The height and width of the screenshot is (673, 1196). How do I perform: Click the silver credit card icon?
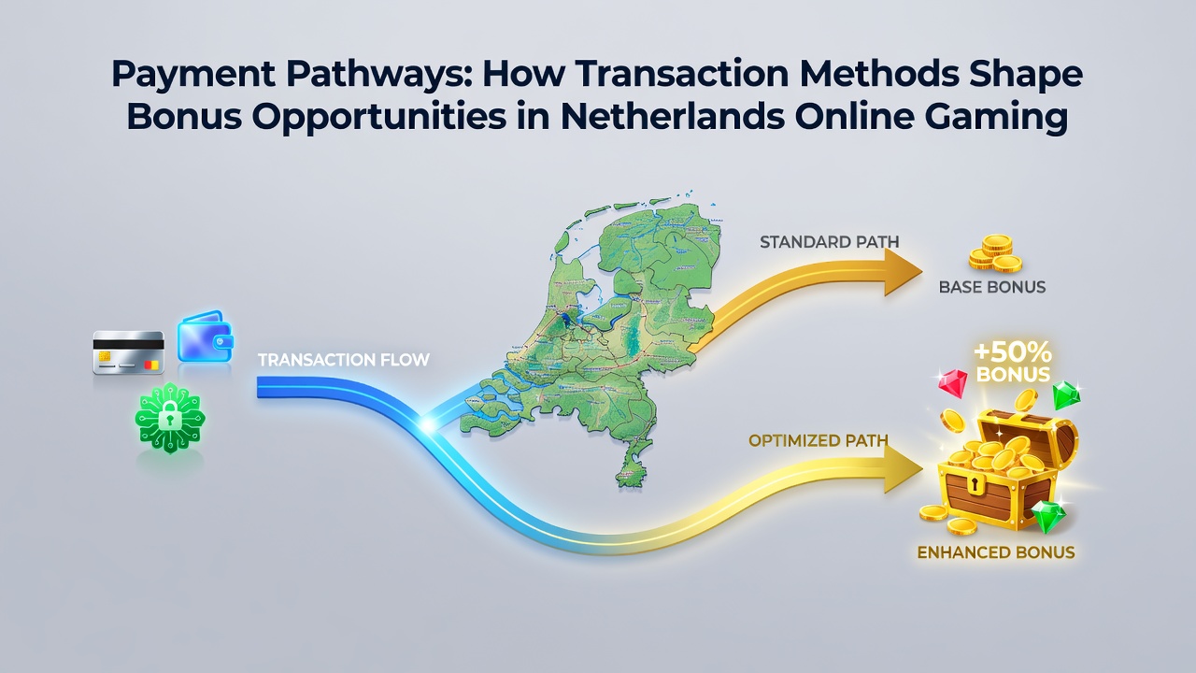[128, 352]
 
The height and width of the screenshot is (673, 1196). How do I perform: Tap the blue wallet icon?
[206, 336]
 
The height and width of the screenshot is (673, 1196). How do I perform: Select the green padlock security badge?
[170, 418]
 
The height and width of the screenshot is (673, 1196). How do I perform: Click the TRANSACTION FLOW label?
[344, 360]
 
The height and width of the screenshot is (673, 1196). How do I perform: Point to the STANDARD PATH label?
[829, 242]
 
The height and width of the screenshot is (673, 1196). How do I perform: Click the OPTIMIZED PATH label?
[818, 440]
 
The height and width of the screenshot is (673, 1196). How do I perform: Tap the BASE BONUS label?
[992, 287]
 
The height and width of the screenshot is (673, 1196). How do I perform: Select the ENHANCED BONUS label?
[996, 552]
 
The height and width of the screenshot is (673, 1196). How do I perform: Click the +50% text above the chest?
[1013, 352]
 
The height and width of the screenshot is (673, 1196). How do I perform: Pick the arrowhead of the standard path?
[903, 271]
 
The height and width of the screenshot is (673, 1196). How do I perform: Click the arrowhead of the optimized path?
[904, 469]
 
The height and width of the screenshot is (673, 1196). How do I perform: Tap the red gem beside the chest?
[952, 382]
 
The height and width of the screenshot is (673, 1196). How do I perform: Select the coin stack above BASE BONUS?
[996, 253]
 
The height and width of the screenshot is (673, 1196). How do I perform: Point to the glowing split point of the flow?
[427, 425]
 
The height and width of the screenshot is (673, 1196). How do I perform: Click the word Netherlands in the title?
[673, 116]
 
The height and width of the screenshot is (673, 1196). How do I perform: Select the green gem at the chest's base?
[1048, 517]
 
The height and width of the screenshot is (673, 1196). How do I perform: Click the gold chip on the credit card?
[105, 355]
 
